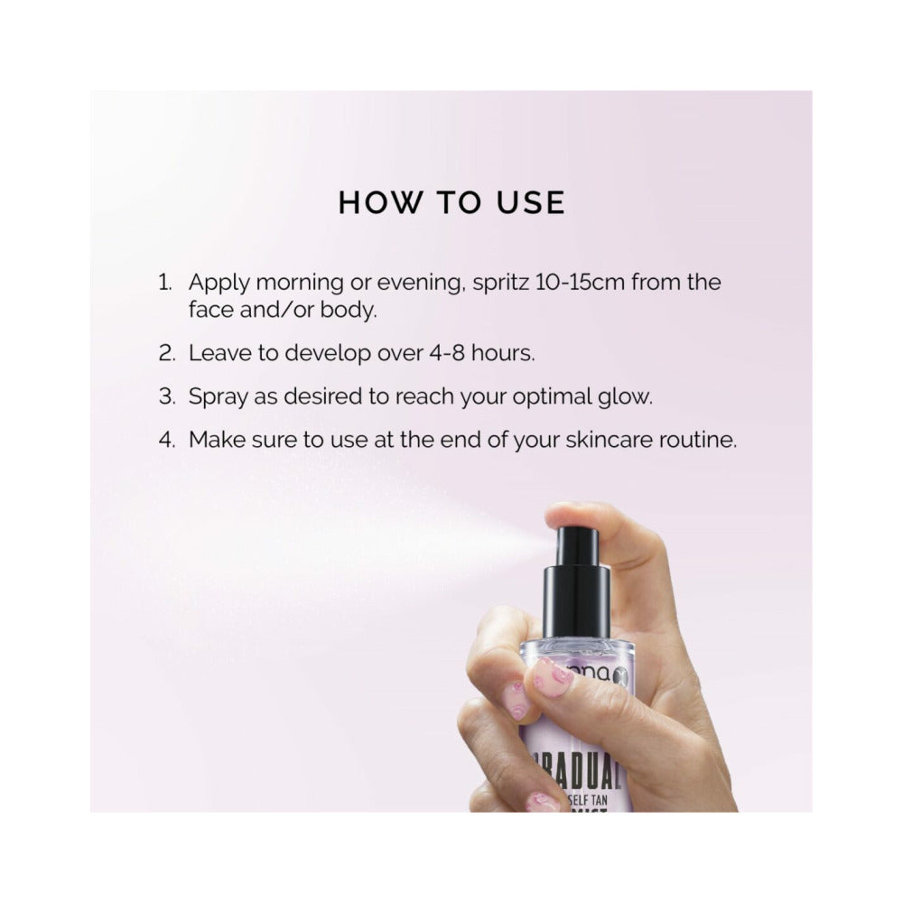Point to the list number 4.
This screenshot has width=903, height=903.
(x=165, y=440)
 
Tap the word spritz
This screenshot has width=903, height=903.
(x=501, y=283)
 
